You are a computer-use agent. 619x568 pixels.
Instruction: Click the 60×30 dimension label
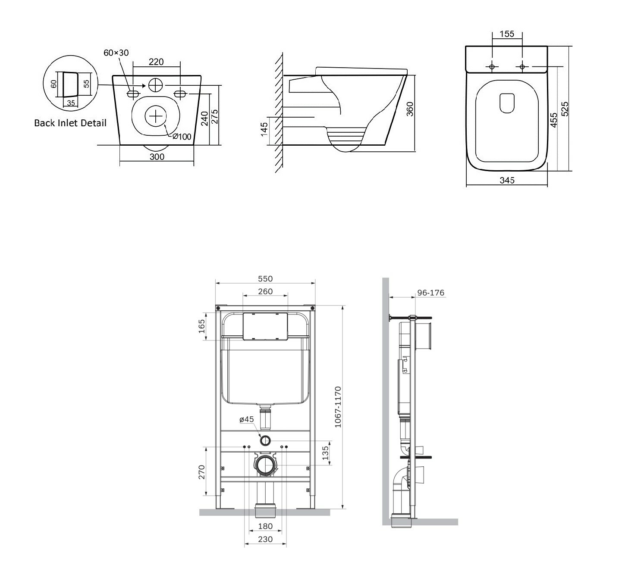click(116, 53)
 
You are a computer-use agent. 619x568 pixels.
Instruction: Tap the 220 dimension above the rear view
click(156, 62)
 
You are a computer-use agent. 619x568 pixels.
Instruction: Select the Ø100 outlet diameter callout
click(182, 136)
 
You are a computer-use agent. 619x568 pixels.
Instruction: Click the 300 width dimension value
click(157, 156)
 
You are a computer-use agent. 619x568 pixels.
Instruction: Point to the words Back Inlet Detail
click(70, 123)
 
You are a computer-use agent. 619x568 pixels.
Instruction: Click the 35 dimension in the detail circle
click(71, 103)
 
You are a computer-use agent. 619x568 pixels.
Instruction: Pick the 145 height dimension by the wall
click(264, 129)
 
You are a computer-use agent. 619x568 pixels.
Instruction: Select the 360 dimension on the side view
click(410, 109)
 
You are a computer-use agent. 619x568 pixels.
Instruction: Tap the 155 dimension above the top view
click(507, 34)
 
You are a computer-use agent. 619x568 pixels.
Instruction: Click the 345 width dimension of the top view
click(507, 180)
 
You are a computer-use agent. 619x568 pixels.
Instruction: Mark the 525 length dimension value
click(564, 109)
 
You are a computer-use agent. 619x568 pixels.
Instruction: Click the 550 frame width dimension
click(265, 279)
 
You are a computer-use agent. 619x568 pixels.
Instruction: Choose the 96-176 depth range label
click(431, 293)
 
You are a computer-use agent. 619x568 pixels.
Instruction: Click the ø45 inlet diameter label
click(247, 419)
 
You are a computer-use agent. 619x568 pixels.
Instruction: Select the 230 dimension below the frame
click(265, 539)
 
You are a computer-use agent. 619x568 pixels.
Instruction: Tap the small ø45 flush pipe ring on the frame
click(265, 440)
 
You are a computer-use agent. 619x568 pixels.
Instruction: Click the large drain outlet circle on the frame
click(265, 465)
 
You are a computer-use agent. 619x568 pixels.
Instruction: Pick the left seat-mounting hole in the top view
click(492, 67)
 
